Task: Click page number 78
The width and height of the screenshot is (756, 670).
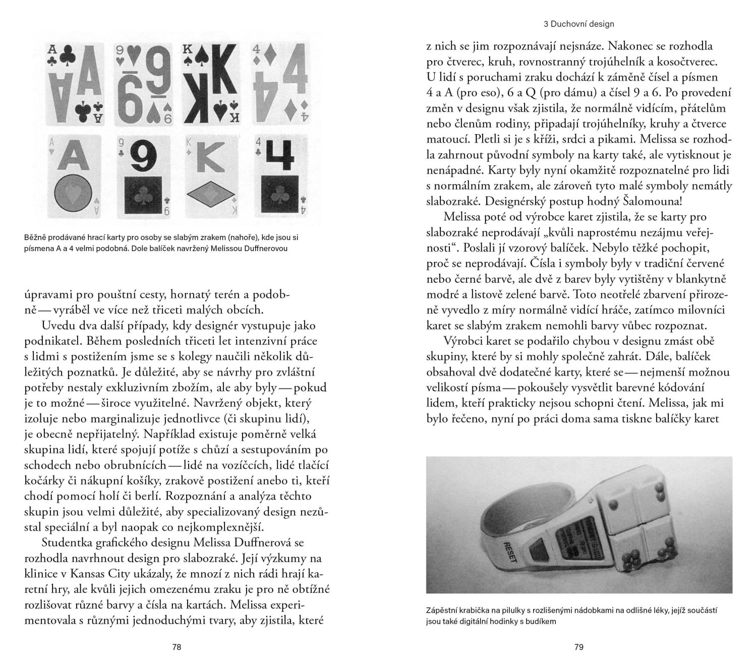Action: click(176, 647)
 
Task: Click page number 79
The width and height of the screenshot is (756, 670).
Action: click(579, 647)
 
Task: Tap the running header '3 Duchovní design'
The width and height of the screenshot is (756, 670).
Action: click(579, 24)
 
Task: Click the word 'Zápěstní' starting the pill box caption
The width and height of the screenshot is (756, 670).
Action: click(440, 611)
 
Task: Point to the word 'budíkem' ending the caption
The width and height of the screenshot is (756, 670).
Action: click(541, 621)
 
